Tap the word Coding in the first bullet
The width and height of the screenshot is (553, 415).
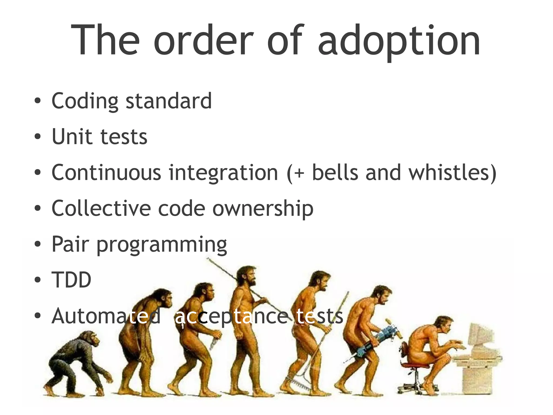[x=85, y=101]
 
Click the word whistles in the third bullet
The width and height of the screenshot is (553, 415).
[x=452, y=172]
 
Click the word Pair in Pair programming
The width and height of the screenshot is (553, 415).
[x=70, y=244]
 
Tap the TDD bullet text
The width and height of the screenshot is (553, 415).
[x=71, y=280]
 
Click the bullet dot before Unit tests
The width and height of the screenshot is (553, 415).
[x=38, y=137]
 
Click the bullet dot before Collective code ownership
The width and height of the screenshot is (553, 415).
[x=38, y=208]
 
